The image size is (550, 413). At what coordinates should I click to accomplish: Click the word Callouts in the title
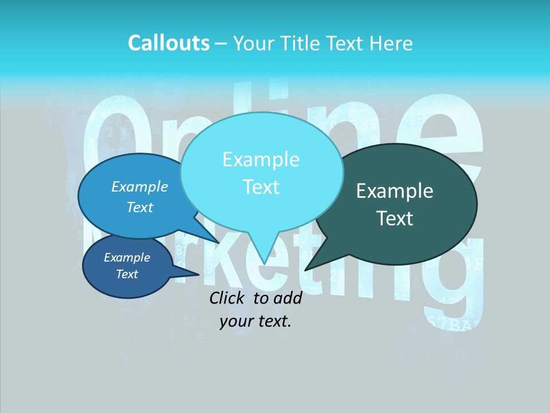pyautogui.click(x=168, y=43)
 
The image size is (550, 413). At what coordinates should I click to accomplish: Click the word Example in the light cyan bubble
pyautogui.click(x=261, y=159)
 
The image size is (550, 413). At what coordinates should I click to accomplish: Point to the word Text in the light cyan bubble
pyautogui.click(x=261, y=187)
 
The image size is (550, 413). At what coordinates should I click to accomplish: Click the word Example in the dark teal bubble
pyautogui.click(x=395, y=191)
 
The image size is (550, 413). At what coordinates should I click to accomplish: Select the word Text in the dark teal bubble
pyautogui.click(x=395, y=219)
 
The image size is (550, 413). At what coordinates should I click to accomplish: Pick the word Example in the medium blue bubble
pyautogui.click(x=140, y=186)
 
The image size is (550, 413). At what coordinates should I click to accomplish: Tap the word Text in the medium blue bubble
pyautogui.click(x=140, y=207)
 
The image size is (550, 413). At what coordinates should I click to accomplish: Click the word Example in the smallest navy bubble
pyautogui.click(x=127, y=258)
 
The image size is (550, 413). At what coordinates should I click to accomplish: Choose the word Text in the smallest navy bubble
pyautogui.click(x=127, y=274)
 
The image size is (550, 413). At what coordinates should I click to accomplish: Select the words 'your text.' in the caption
pyautogui.click(x=256, y=321)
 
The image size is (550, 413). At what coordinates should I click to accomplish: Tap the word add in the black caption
pyautogui.click(x=288, y=298)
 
